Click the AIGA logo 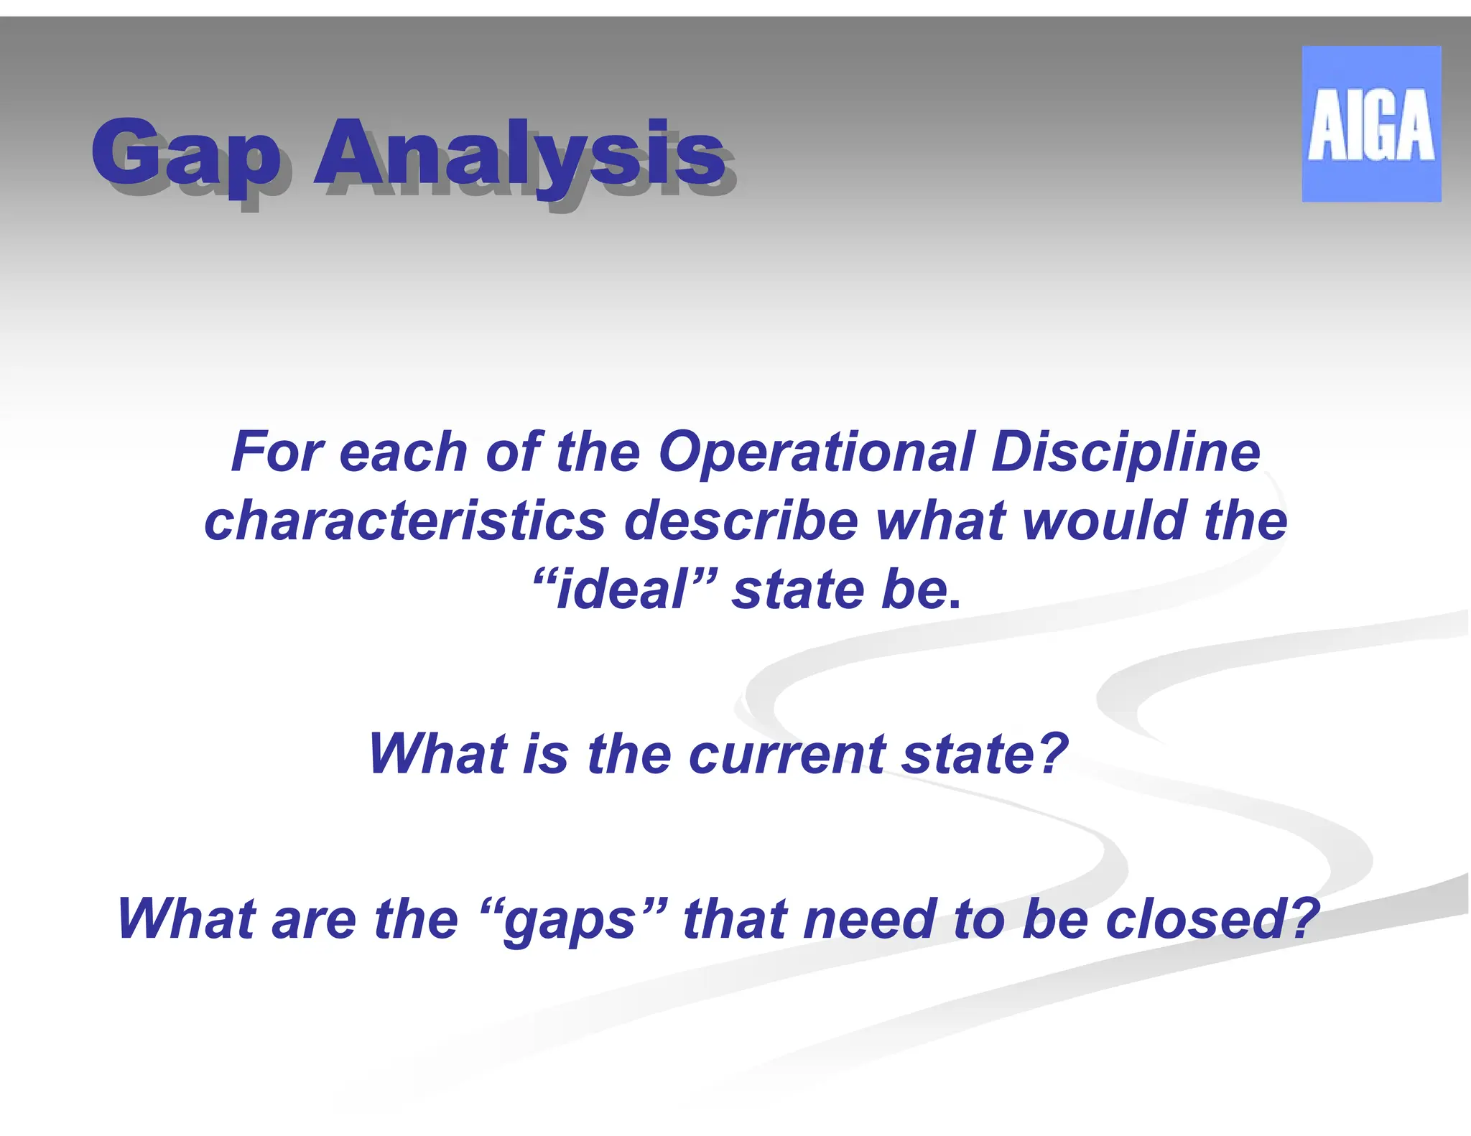(1370, 124)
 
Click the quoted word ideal (622, 590)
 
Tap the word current (786, 755)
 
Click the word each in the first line (404, 452)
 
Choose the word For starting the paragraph (277, 452)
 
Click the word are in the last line (314, 921)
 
